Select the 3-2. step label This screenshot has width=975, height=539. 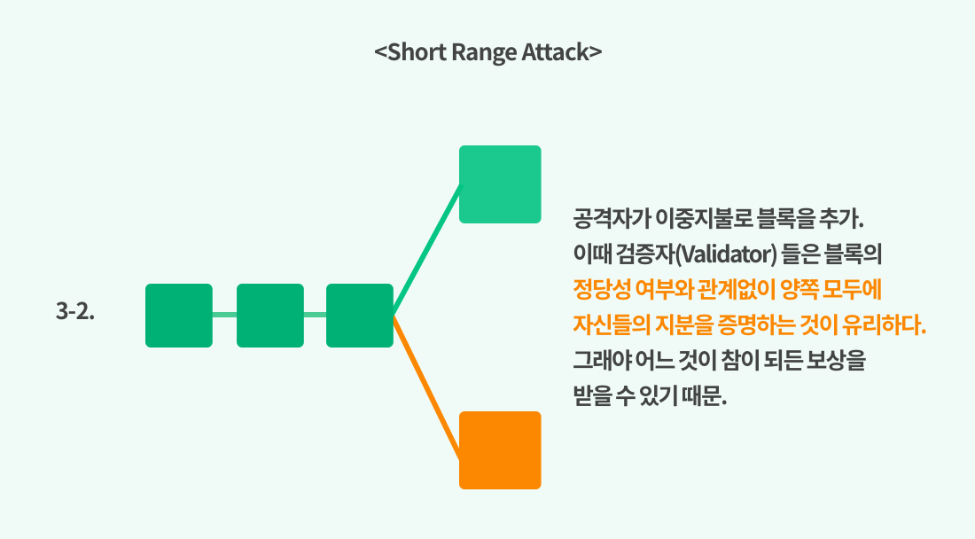75,312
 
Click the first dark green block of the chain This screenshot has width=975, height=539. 179,315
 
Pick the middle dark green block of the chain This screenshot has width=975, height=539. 270,315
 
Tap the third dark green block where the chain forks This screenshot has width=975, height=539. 359,315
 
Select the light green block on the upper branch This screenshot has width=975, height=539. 500,184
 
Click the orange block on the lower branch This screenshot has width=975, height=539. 500,450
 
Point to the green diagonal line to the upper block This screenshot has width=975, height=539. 426,250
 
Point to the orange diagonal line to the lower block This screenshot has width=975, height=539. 426,383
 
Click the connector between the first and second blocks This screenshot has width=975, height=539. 224,315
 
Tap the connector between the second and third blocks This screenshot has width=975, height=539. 315,315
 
